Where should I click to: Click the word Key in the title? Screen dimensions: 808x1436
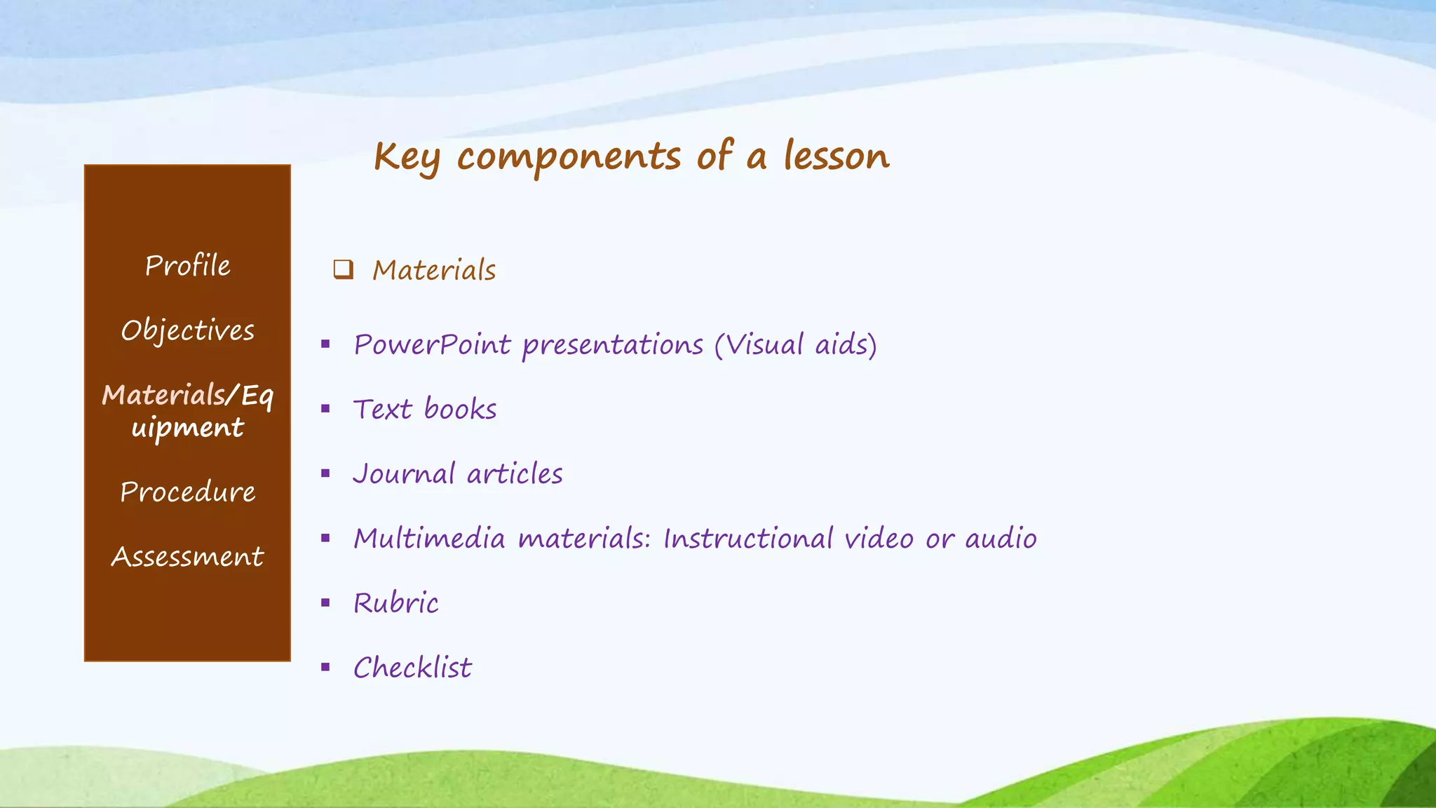point(407,157)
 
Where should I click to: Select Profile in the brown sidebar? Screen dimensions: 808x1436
point(187,266)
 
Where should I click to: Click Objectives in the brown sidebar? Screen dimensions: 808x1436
point(187,330)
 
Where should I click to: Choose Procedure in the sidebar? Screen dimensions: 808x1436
point(187,492)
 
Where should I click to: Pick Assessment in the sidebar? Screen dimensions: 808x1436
point(187,556)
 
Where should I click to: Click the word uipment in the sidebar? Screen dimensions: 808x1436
point(187,428)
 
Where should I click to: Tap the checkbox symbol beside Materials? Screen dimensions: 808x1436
point(343,269)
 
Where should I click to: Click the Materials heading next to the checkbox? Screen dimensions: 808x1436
point(434,270)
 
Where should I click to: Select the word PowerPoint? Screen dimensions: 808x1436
point(432,345)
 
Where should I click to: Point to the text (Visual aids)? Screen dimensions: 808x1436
point(796,345)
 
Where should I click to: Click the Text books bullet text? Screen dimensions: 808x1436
point(425,410)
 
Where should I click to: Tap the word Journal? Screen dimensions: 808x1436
point(404,474)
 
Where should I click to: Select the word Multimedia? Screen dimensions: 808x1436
point(429,539)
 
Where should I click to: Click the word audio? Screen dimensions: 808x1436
point(1001,539)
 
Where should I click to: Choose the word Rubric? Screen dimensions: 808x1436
point(396,603)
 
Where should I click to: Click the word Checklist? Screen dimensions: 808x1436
point(412,668)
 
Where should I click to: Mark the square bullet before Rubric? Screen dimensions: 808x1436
point(325,602)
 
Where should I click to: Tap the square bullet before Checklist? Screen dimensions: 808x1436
point(325,667)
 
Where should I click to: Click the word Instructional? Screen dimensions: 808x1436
point(748,539)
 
